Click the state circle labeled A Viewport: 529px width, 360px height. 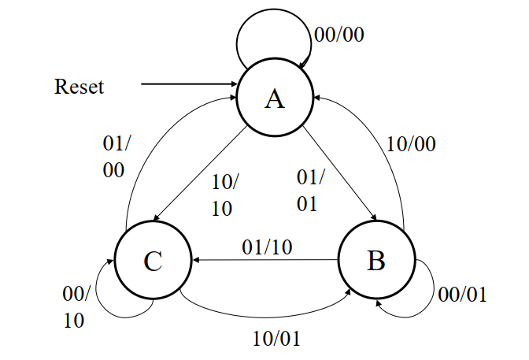coord(274,98)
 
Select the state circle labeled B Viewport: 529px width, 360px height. coord(376,261)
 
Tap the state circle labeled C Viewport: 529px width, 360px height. coord(153,261)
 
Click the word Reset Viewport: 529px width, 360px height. coord(79,86)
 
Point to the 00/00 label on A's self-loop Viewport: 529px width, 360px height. coord(339,35)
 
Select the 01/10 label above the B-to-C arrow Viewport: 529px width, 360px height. coord(267,247)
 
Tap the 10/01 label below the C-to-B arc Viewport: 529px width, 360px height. coord(276,339)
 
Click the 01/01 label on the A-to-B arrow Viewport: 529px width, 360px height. coord(307,190)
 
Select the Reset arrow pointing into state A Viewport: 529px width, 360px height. coord(189,84)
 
